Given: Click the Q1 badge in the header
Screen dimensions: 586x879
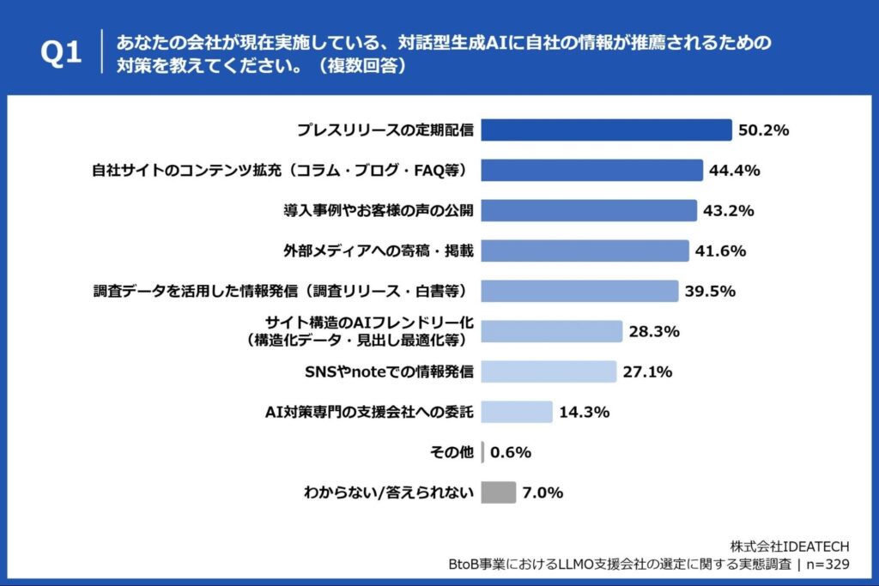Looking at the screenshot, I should [x=61, y=53].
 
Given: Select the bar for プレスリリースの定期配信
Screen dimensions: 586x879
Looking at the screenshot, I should [x=605, y=130].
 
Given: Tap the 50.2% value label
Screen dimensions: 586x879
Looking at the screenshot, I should [x=763, y=130].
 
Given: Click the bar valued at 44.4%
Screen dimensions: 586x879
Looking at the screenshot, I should [x=591, y=170].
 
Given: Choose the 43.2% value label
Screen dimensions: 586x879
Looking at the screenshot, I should [x=729, y=210].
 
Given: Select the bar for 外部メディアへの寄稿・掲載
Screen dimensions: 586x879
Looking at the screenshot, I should [x=585, y=251].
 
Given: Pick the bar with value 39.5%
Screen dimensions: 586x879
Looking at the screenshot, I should [x=579, y=291].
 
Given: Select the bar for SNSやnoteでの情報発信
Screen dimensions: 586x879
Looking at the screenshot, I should [x=548, y=372].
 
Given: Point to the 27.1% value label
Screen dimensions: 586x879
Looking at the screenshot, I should [x=647, y=372].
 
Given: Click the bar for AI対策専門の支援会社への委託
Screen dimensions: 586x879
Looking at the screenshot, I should [x=516, y=412].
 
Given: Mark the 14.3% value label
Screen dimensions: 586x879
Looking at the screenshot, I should [x=584, y=412].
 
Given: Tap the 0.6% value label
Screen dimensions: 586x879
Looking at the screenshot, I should [x=512, y=452].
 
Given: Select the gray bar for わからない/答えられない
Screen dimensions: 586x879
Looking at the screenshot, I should [x=498, y=492].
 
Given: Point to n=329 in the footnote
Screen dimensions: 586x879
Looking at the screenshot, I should [x=825, y=564].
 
